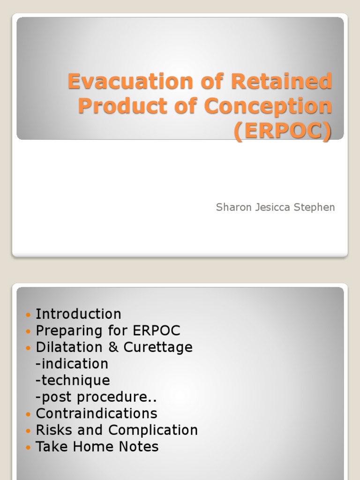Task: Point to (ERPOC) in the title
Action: click(283, 131)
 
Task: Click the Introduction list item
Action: click(78, 314)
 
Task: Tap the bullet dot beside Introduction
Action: click(28, 315)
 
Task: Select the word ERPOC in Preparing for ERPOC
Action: click(157, 330)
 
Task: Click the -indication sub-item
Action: click(72, 364)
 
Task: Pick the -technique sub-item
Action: click(73, 380)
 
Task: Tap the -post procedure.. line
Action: click(96, 397)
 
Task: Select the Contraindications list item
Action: click(96, 413)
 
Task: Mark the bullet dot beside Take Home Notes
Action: click(28, 447)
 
